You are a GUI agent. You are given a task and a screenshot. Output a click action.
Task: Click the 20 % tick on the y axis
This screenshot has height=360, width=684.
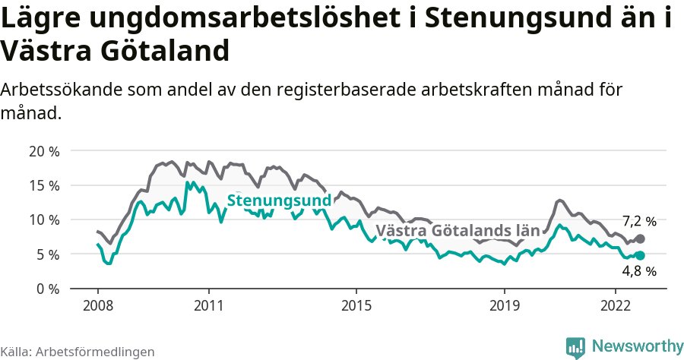(x=44, y=150)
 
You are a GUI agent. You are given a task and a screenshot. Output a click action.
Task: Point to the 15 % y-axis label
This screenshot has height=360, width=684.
(x=44, y=185)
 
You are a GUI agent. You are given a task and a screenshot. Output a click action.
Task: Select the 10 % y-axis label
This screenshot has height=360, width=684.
(x=44, y=219)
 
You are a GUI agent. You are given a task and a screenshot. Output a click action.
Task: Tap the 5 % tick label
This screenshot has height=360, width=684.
(x=48, y=254)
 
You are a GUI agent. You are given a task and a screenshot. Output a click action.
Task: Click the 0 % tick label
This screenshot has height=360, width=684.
(x=48, y=289)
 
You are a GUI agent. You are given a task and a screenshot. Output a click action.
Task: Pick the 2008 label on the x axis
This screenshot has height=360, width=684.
(x=98, y=305)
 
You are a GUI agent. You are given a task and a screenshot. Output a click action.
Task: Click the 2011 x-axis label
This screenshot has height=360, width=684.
(x=208, y=305)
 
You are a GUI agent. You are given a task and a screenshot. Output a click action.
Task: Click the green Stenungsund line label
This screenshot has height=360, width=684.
(x=280, y=201)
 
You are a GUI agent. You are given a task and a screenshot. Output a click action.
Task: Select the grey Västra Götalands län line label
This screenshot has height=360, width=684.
(x=458, y=230)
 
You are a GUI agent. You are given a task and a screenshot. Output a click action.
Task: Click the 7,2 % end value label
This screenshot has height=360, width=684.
(x=638, y=222)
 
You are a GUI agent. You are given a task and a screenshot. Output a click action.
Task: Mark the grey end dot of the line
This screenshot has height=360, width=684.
(x=641, y=238)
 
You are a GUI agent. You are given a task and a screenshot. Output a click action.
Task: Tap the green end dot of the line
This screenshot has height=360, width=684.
(x=641, y=256)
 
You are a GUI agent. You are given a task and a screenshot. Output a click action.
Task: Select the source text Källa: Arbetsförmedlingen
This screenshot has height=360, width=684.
(x=78, y=352)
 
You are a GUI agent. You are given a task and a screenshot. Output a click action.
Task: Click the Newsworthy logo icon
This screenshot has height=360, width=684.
(x=575, y=347)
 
